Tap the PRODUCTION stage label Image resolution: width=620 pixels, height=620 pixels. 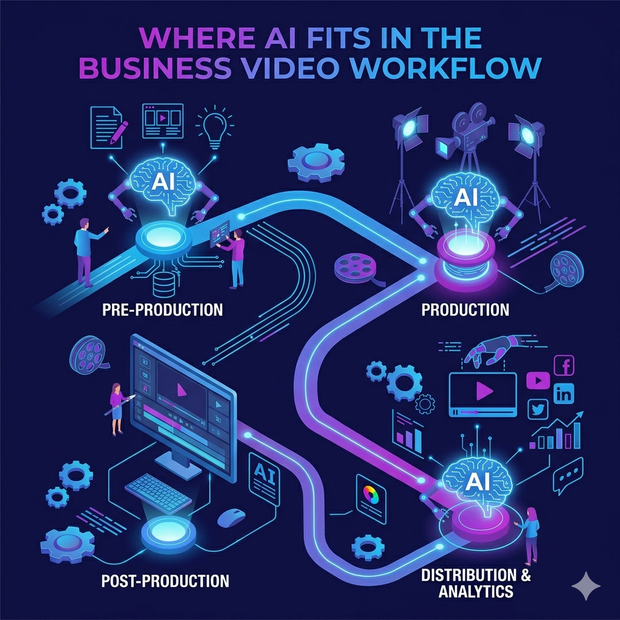tap(465, 310)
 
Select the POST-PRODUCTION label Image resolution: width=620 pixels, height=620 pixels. tap(165, 581)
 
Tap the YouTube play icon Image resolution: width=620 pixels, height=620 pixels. tap(537, 380)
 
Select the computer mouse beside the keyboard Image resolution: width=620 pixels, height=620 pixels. tap(231, 516)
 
